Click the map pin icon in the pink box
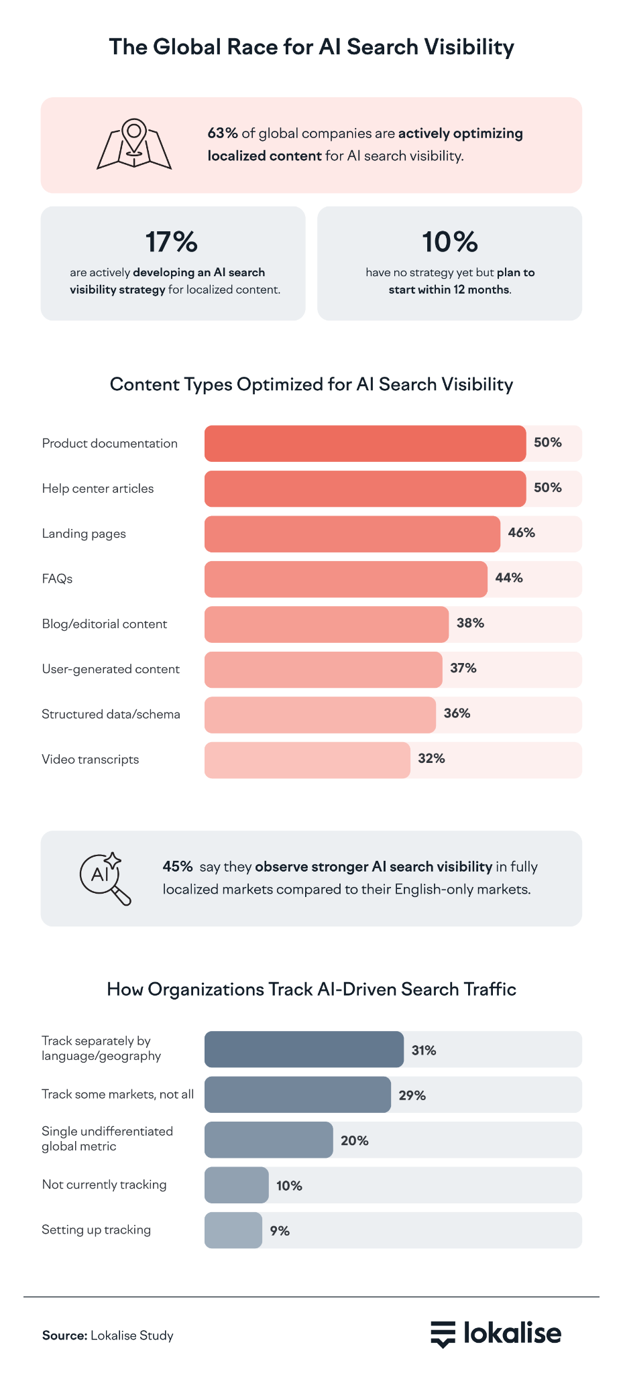(134, 144)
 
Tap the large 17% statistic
(172, 242)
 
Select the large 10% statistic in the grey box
(449, 242)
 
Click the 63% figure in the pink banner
(223, 133)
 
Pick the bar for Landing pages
(352, 534)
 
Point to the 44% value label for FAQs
(509, 578)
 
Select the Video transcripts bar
(307, 760)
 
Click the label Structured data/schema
(111, 714)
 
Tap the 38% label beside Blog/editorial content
(470, 623)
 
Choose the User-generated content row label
(111, 669)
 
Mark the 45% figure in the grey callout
(178, 867)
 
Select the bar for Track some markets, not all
(297, 1095)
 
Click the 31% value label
(424, 1051)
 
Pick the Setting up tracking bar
(233, 1230)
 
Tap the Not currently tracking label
(104, 1185)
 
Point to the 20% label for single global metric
(355, 1140)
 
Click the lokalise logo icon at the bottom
(443, 1334)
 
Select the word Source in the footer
(64, 1335)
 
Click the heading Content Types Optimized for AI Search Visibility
(311, 384)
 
